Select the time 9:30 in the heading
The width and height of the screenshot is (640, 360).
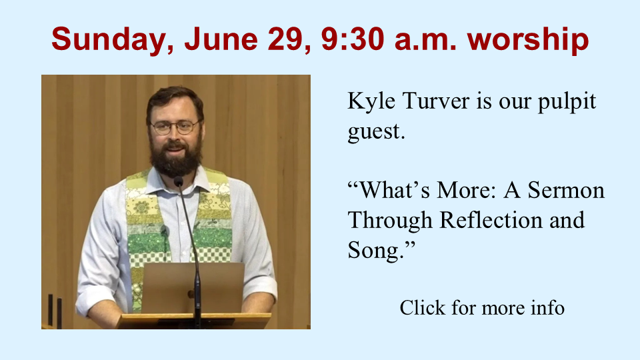click(352, 39)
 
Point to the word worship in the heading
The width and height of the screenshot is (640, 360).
click(528, 40)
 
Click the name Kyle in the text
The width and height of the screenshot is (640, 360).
click(371, 101)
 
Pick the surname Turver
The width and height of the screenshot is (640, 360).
click(436, 101)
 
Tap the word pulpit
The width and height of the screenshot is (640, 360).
click(567, 102)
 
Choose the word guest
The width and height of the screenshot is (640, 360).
click(376, 132)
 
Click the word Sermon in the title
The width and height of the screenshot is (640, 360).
click(566, 190)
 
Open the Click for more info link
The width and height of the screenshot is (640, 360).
click(482, 307)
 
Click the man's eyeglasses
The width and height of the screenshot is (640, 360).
click(175, 127)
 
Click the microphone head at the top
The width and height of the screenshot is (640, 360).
click(179, 181)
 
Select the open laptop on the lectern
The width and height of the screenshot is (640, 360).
click(193, 288)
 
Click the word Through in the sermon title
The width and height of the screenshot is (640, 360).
click(390, 221)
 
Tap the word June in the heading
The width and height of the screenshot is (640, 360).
click(221, 39)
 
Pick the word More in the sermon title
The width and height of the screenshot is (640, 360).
click(466, 190)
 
